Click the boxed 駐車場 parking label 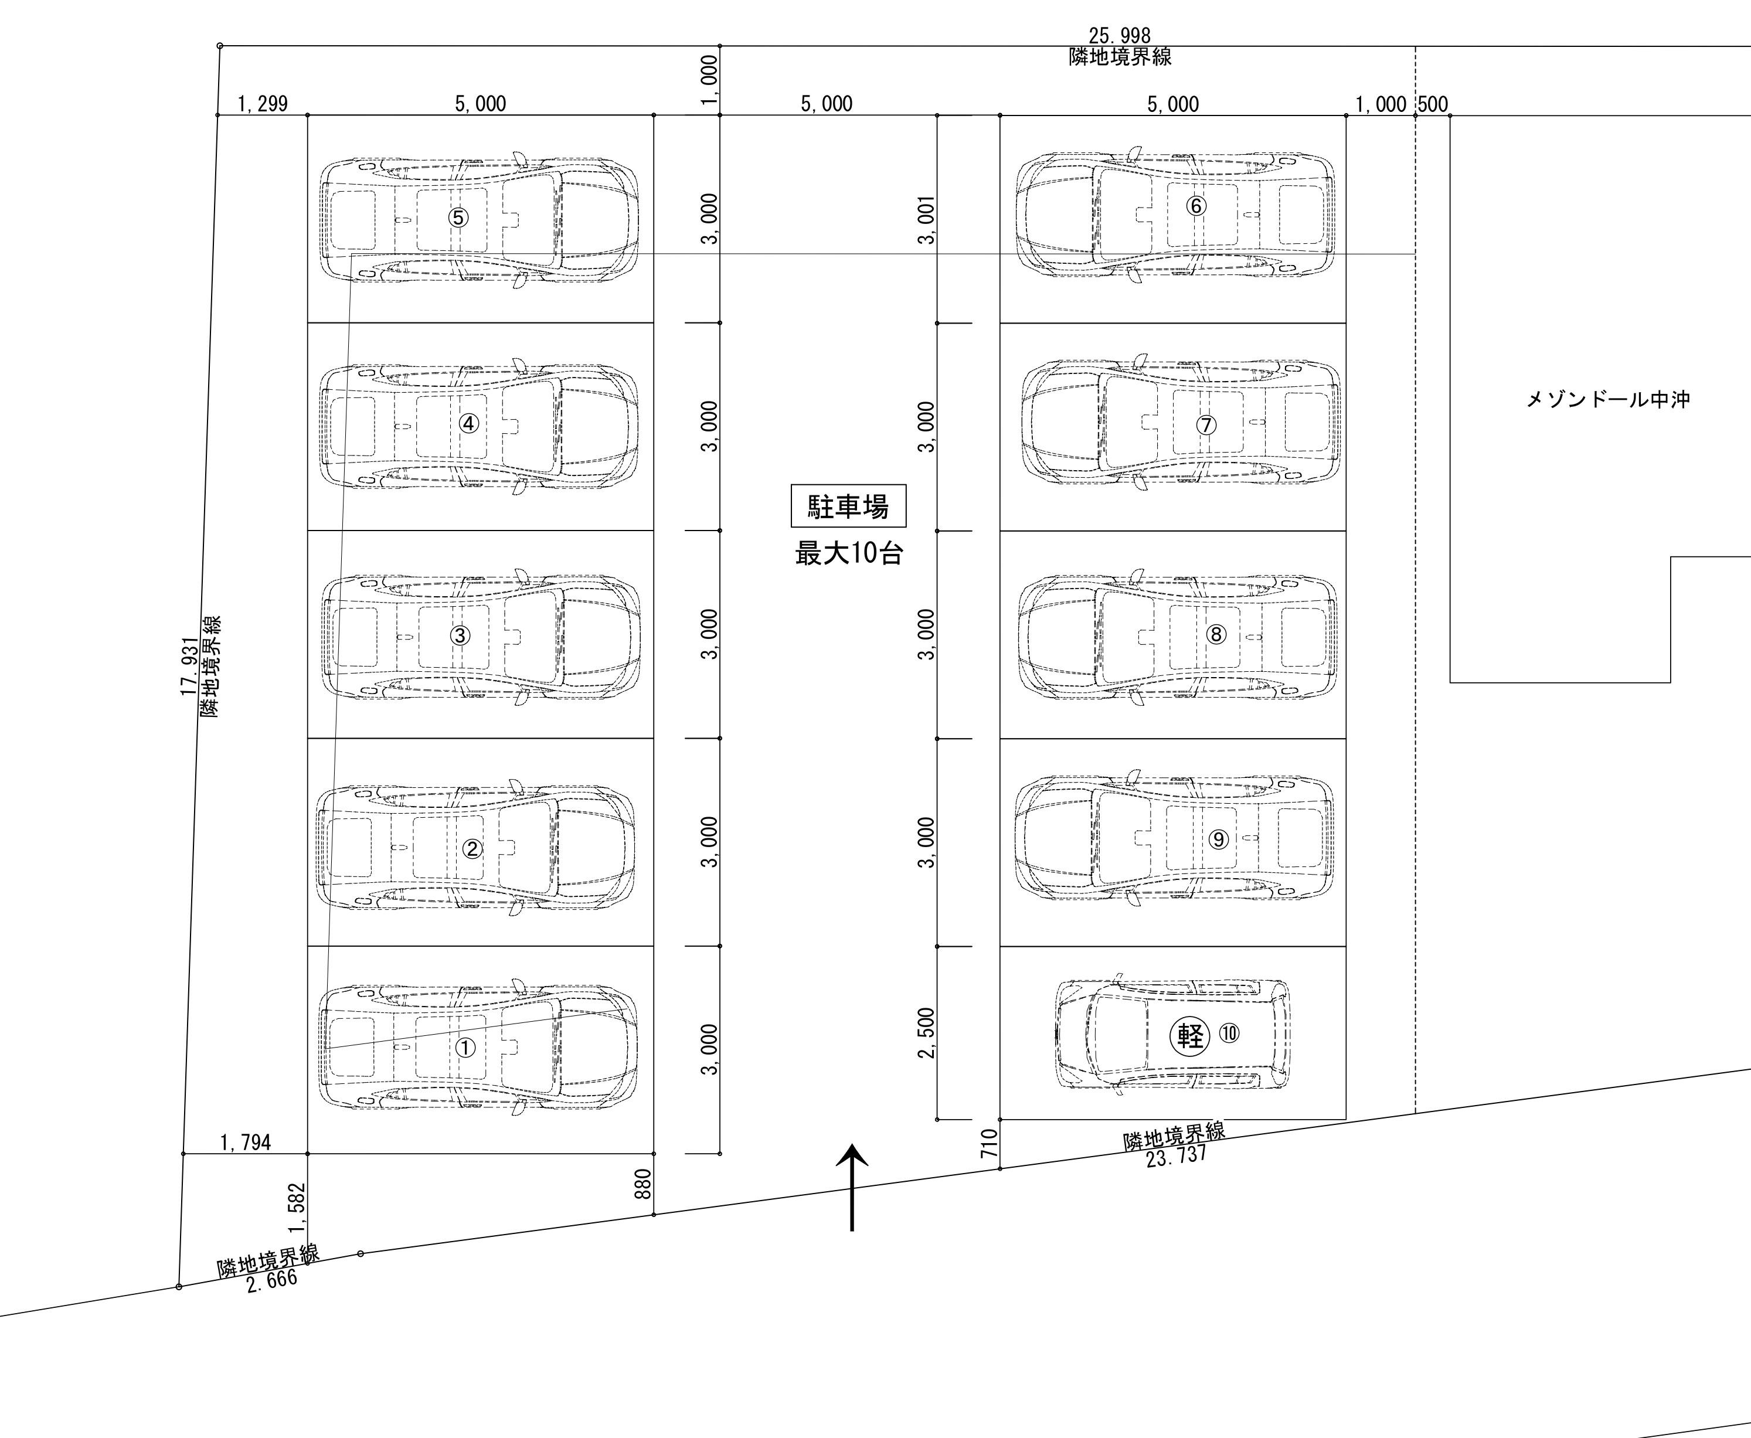pyautogui.click(x=848, y=506)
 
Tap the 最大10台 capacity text pyautogui.click(x=848, y=553)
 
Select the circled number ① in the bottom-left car pyautogui.click(x=465, y=1048)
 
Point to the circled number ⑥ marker pyautogui.click(x=1196, y=205)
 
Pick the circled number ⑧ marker pyautogui.click(x=1216, y=634)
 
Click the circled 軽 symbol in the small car pyautogui.click(x=1189, y=1035)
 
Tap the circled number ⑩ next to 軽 pyautogui.click(x=1229, y=1033)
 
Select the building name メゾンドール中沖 pyautogui.click(x=1608, y=400)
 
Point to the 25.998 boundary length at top pyautogui.click(x=1119, y=36)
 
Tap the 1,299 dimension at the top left pyautogui.click(x=263, y=104)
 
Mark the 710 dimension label pyautogui.click(x=989, y=1144)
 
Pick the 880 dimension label pyautogui.click(x=642, y=1184)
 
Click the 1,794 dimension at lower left pyautogui.click(x=245, y=1143)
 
